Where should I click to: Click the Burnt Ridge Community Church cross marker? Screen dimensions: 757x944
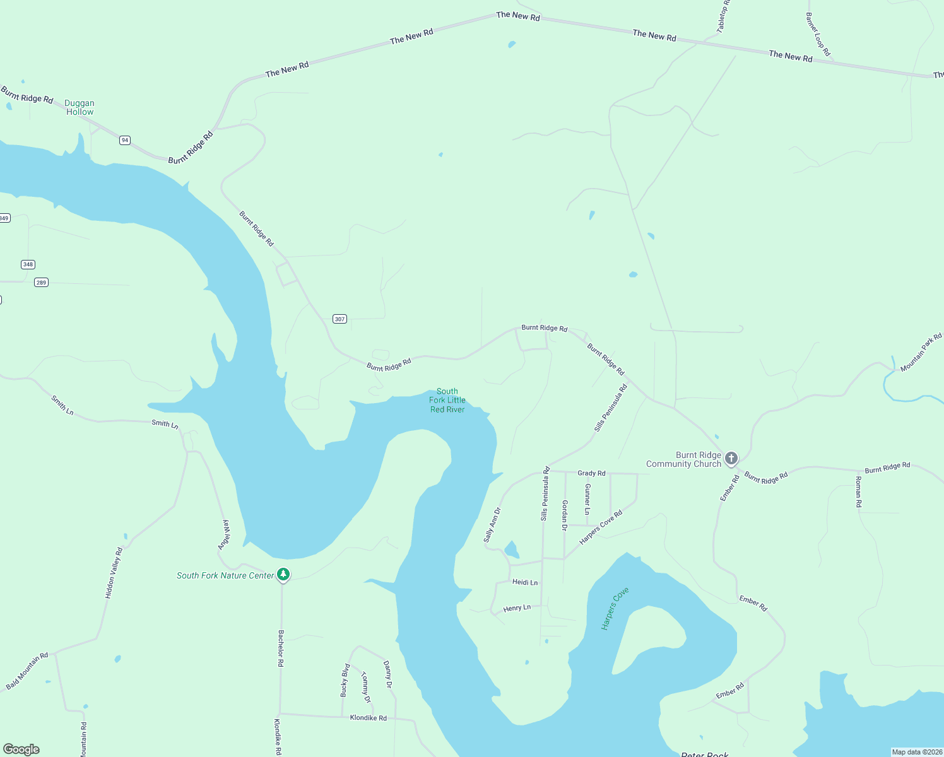point(731,458)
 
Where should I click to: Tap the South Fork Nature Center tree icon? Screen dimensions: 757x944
point(284,574)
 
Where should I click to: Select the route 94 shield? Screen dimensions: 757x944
point(125,140)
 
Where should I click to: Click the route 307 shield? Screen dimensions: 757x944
point(340,319)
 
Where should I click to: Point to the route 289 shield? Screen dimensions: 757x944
point(41,283)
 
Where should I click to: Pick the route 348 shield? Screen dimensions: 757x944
point(28,264)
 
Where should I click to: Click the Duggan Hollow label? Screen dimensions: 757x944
point(80,107)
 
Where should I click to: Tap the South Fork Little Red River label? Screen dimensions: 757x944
point(447,401)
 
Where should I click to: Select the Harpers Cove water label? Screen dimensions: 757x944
point(615,608)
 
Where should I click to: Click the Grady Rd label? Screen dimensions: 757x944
point(591,473)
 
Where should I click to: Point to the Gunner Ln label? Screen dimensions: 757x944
point(587,499)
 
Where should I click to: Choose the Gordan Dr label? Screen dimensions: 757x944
point(565,515)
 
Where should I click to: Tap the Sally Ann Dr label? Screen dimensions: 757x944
point(492,525)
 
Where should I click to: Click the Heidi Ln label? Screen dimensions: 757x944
point(525,582)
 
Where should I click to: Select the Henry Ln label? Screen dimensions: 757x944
point(517,608)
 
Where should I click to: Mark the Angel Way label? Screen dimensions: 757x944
point(224,535)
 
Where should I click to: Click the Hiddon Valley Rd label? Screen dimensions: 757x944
point(114,573)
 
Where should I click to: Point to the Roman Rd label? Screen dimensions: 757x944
point(858,492)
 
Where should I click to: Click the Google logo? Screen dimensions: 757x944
point(21,749)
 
